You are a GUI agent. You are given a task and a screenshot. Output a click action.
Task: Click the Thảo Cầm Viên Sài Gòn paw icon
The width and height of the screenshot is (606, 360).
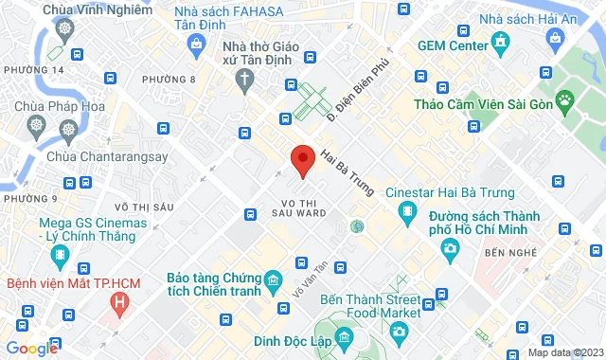(x=565, y=99)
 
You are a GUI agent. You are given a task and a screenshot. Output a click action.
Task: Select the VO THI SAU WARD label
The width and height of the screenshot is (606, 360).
(x=304, y=207)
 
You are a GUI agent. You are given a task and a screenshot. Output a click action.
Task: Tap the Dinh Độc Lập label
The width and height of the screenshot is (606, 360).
(x=293, y=342)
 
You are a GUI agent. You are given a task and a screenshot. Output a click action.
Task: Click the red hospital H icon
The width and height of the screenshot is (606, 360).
(x=119, y=303)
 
